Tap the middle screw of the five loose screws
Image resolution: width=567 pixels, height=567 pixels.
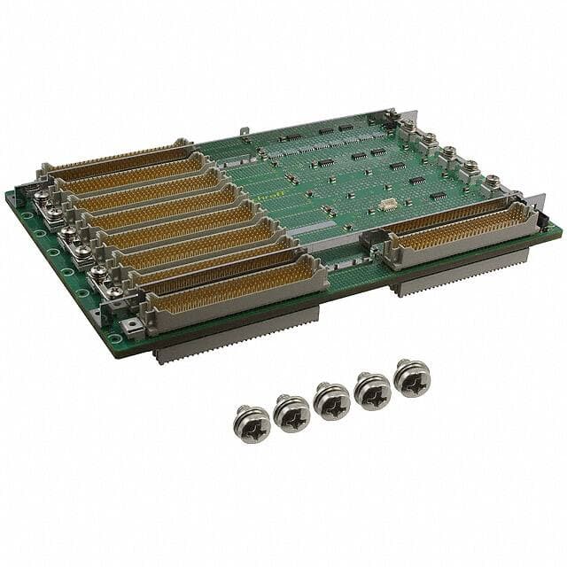click(332, 400)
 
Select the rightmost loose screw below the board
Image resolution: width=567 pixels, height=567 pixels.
click(412, 377)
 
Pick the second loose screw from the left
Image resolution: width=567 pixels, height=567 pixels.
click(291, 412)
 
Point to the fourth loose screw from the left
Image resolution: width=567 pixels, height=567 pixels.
click(372, 389)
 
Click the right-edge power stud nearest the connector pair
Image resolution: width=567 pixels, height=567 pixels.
click(492, 182)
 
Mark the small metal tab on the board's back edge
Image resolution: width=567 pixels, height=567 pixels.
click(243, 133)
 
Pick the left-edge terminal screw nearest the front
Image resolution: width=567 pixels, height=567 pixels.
click(114, 291)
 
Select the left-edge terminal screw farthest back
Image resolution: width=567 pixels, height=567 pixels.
click(42, 197)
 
